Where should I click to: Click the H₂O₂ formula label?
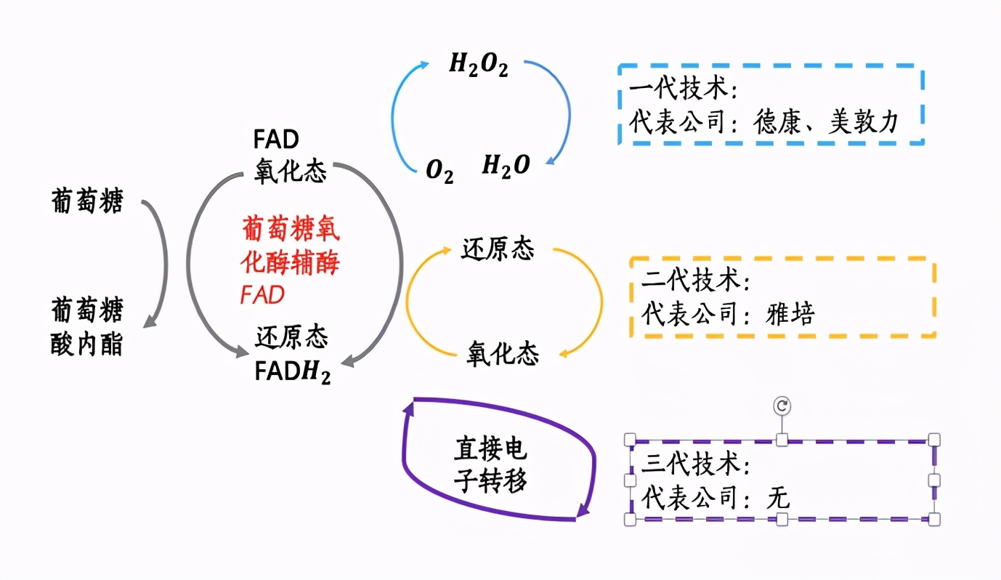coord(478,65)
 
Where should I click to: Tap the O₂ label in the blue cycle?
coord(439,172)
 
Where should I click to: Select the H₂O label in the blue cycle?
coord(506,166)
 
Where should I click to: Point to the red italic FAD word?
coord(262,294)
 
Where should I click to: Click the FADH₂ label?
coord(292,372)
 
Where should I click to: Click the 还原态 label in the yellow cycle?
coord(498,249)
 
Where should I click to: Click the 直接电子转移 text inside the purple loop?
coord(490,465)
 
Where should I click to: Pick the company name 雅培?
coord(790,313)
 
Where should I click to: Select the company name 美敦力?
coord(864,121)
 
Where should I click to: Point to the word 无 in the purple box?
coord(778,498)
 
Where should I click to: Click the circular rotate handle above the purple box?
coord(782,406)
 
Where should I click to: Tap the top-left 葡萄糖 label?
coord(86,201)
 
